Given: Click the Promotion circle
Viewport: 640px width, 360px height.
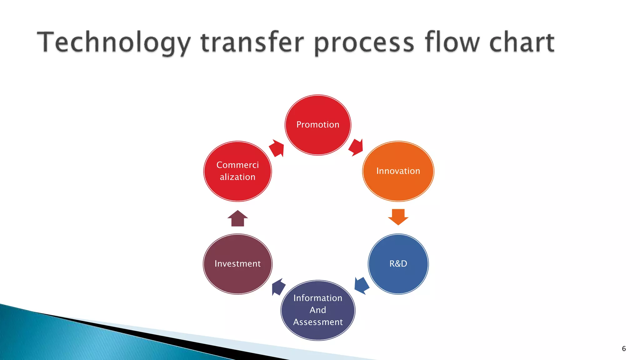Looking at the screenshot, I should click(x=318, y=125).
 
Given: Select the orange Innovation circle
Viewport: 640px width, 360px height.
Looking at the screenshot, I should click(x=398, y=171).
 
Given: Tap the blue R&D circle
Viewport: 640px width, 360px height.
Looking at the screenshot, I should click(x=398, y=264).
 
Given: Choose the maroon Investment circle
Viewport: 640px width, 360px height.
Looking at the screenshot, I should click(x=237, y=264).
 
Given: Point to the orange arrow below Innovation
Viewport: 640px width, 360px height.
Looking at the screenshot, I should click(x=398, y=217).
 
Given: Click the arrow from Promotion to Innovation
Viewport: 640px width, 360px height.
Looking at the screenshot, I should click(x=356, y=147).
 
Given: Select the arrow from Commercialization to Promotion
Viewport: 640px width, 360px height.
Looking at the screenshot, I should click(x=277, y=148).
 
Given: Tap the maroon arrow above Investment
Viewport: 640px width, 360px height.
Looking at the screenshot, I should click(x=237, y=218).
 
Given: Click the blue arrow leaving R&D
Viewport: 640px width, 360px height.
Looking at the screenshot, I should click(x=362, y=285).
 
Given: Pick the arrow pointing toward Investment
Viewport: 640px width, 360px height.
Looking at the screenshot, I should click(x=278, y=287).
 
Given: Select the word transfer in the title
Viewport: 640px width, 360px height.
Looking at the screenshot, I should click(x=252, y=42).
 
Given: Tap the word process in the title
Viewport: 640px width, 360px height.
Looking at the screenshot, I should click(x=364, y=42).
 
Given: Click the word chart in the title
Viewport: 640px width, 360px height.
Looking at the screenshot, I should click(x=522, y=42).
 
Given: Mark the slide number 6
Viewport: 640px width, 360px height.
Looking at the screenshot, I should click(x=624, y=349).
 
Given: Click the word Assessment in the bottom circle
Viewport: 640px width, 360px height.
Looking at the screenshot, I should click(x=318, y=322).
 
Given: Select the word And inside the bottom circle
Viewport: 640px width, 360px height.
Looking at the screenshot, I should click(x=318, y=310).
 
